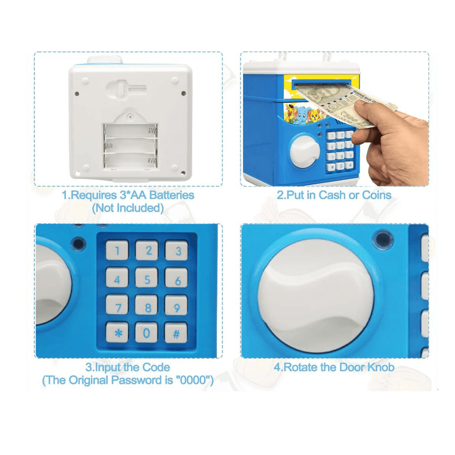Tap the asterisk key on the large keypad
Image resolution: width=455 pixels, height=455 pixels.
coord(117,333)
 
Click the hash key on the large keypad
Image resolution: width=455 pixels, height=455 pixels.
coord(176,333)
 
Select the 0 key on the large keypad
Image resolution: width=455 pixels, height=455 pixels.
coord(147,333)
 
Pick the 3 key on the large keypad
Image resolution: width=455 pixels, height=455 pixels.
coord(177,250)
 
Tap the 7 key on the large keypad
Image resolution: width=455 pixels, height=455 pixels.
coord(117,305)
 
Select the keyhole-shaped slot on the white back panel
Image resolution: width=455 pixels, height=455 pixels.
coord(125,88)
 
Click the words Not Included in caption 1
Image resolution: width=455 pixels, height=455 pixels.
coord(128,208)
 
